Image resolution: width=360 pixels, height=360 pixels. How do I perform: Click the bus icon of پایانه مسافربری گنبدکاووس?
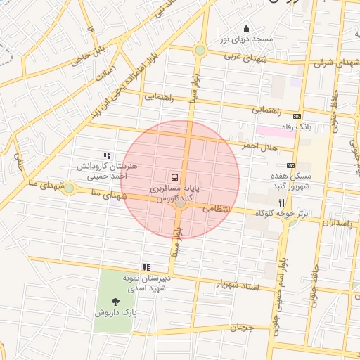click(174, 176)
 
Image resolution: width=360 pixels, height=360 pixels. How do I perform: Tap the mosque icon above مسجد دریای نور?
click(246, 29)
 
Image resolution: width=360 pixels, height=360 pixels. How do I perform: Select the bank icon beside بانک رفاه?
click(298, 117)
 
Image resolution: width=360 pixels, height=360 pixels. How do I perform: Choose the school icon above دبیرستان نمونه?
click(146, 267)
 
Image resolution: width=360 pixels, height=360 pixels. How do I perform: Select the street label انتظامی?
click(217, 209)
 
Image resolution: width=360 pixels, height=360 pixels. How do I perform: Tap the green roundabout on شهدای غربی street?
click(200, 51)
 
